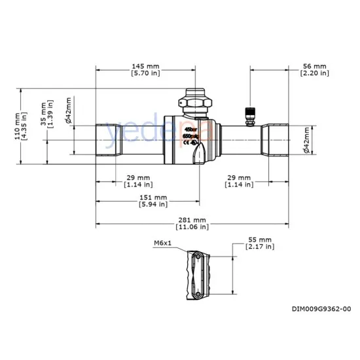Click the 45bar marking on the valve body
190,130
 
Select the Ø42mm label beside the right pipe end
306,141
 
